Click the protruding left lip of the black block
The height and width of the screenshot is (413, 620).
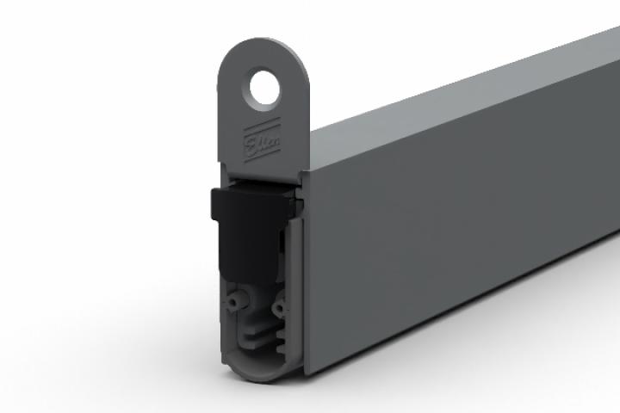[218, 205]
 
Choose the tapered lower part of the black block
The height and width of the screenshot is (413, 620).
[250, 258]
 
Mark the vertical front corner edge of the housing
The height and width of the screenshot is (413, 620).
[305, 258]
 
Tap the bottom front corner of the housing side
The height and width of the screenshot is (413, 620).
[305, 373]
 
